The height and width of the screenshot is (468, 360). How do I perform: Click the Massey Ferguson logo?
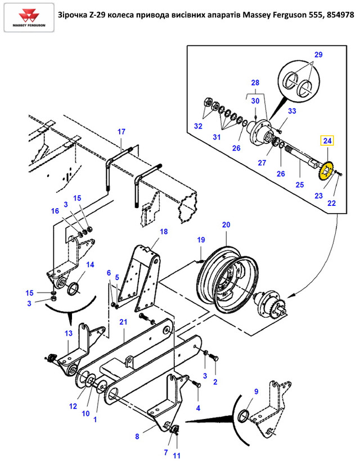pyautogui.click(x=29, y=17)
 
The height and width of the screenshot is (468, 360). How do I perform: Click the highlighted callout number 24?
pyautogui.click(x=327, y=141)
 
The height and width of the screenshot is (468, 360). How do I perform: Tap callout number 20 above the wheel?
pyautogui.click(x=226, y=224)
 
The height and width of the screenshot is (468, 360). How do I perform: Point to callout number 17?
pyautogui.click(x=121, y=132)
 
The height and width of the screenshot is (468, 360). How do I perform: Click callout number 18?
pyautogui.click(x=164, y=232)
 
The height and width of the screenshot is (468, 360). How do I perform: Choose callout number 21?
pyautogui.click(x=123, y=322)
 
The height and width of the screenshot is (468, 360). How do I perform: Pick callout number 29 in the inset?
pyautogui.click(x=318, y=55)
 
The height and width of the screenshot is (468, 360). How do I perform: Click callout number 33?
pyautogui.click(x=292, y=111)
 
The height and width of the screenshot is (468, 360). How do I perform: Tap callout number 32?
pyautogui.click(x=198, y=126)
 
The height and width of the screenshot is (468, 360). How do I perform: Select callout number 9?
pyautogui.click(x=256, y=391)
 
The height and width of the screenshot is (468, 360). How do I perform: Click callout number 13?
pyautogui.click(x=69, y=334)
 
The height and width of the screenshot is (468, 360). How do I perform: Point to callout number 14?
pyautogui.click(x=90, y=265)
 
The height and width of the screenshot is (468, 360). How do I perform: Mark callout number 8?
pyautogui.click(x=137, y=436)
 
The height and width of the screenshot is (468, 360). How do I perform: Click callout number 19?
pyautogui.click(x=201, y=240)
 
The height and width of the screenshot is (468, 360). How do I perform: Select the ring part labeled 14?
pyautogui.click(x=74, y=289)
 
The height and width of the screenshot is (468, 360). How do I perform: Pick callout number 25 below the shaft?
pyautogui.click(x=300, y=185)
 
